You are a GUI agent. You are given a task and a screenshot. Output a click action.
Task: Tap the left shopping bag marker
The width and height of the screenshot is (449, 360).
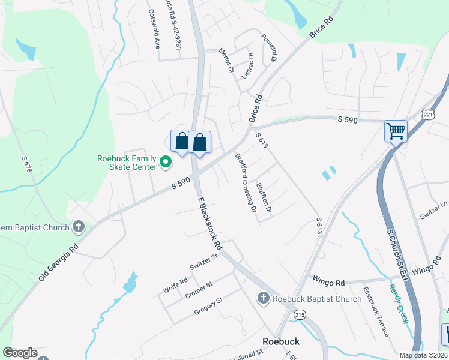click(181, 142)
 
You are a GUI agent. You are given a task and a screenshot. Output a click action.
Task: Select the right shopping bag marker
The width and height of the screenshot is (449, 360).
click(200, 142)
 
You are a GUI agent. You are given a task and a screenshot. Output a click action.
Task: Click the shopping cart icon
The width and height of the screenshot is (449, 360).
click(396, 130)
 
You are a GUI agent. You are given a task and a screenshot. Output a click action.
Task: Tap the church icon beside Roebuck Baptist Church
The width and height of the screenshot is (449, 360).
click(263, 298)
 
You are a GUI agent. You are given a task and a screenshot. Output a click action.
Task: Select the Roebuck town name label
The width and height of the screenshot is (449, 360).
click(281, 341)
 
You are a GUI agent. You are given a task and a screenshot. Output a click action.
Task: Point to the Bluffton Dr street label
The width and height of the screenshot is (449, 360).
click(264, 199)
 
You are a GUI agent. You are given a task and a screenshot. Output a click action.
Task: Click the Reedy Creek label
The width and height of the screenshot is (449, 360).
click(399, 304)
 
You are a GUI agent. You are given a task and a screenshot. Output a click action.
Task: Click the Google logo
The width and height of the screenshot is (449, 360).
click(20, 353)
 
